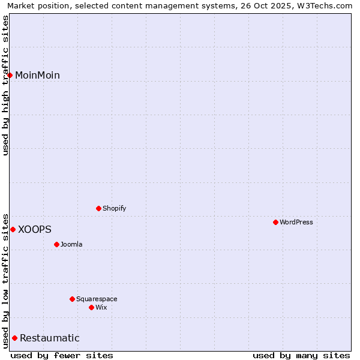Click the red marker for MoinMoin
coord(10,75)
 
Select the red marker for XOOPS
coord(13,229)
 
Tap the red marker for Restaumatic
coord(14,338)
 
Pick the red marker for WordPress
coord(275,222)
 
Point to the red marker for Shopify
coord(98,208)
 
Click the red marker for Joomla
coord(56,244)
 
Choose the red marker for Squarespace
coord(72,299)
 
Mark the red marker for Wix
coord(91,307)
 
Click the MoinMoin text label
coord(37,75)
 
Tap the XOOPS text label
coord(35,229)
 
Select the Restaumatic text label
coord(50,338)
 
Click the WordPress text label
coord(296,222)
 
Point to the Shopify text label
coord(115,208)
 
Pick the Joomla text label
coord(71,244)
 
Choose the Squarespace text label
coord(97,299)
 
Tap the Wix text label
coord(101,307)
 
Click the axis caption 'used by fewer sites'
coord(62,355)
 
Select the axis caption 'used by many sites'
coord(301,355)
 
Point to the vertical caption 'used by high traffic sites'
coord(6,85)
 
